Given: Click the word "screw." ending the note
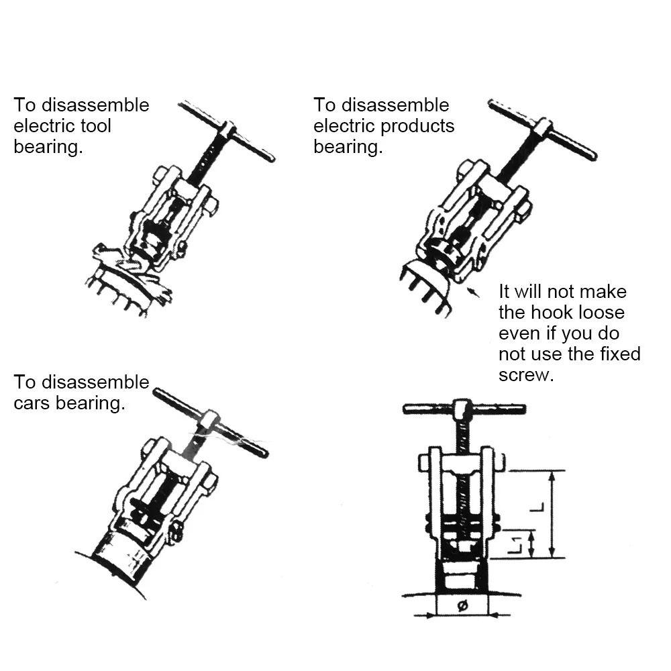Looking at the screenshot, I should pos(526,375).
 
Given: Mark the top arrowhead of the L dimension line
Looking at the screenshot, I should pos(551,476).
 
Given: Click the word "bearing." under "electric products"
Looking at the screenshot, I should pos(348,147).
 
